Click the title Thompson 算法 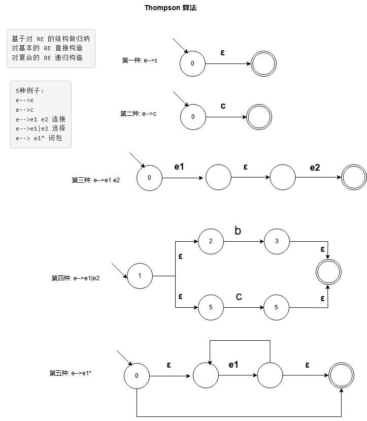coord(171,8)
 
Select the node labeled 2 coord(211,241)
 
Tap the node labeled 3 coord(277,241)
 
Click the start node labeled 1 coord(140,276)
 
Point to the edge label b coord(238,231)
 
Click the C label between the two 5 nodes coord(239,297)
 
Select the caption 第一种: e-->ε coord(140,60)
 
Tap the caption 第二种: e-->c coord(138,114)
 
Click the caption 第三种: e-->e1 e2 coord(95,180)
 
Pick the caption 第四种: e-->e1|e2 coord(76,278)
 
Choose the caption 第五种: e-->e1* coord(70,373)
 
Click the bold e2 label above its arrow coord(315,168)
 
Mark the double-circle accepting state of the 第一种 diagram coord(263,63)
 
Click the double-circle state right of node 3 coord(328,272)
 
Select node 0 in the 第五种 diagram coord(137,376)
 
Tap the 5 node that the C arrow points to coord(276,307)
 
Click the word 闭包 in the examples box coord(55,138)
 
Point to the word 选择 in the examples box coord(58,128)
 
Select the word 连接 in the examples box coord(58,119)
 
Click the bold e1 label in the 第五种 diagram coord(233,365)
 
